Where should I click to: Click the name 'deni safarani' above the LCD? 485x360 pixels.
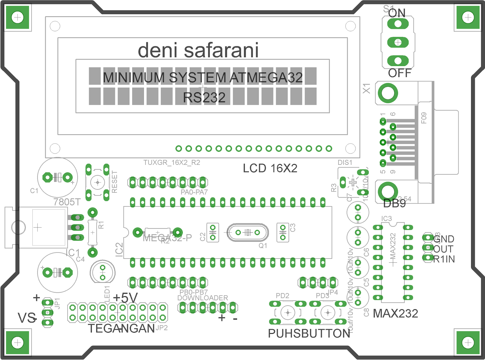pos(198,50)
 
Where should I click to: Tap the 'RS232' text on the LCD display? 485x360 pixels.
pos(204,98)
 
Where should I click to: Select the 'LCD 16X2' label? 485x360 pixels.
pos(270,168)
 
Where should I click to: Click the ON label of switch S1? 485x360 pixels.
pos(397,13)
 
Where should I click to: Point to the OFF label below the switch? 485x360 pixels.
pos(400,73)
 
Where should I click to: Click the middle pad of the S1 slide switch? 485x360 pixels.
pos(398,42)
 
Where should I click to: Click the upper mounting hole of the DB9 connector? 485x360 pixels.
pos(388,93)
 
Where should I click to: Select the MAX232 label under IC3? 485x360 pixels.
pos(395,313)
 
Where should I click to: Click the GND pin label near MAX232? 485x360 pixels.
pos(444,239)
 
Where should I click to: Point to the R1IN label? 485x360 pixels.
pos(444,259)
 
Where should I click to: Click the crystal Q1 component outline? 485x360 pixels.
pos(248,232)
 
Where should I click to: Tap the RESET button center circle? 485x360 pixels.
pos(98,182)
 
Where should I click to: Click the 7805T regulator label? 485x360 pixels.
pos(67,202)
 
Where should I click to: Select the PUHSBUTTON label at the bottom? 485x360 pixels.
pos(309,333)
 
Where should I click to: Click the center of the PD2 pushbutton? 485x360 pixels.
pos(288,312)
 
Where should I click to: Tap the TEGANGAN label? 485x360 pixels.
pos(121,328)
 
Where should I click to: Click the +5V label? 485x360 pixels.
pos(125,298)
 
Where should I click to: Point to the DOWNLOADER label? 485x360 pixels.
pos(202,298)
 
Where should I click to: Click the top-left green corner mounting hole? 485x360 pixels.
pos(18,17)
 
